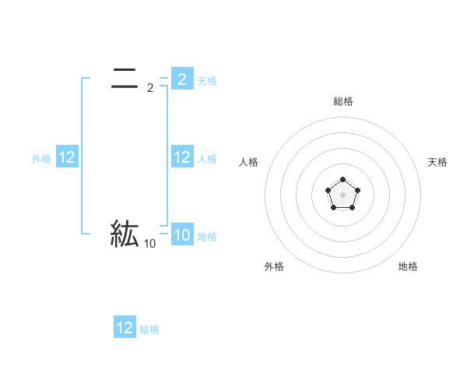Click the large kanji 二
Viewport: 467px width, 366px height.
[x=125, y=79]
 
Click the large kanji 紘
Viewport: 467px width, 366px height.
[x=125, y=234]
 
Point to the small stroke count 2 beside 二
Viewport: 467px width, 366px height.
[x=150, y=88]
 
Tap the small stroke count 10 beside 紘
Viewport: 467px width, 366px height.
[x=149, y=244]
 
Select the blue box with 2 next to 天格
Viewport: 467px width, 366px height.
[x=182, y=79]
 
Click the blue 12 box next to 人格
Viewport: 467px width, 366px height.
[x=182, y=157]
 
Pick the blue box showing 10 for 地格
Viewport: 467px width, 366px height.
[x=182, y=235]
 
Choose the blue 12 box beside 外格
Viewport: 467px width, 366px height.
[x=67, y=157]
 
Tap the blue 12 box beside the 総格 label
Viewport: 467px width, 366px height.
[x=125, y=328]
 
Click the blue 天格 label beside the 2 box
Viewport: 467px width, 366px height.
[x=207, y=80]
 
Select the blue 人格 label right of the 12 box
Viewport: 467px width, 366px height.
[x=207, y=159]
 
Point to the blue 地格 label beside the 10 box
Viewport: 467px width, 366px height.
[x=207, y=237]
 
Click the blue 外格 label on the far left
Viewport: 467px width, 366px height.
[x=41, y=159]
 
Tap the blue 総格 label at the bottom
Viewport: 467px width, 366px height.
[x=149, y=329]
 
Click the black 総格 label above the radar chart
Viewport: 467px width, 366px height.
[x=342, y=101]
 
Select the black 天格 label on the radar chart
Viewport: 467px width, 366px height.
[x=437, y=162]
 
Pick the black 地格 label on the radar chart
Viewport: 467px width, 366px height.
[x=408, y=266]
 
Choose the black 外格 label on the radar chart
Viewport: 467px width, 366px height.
[x=274, y=266]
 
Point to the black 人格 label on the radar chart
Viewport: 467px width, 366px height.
[x=249, y=162]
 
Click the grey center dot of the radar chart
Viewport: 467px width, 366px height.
[x=342, y=194]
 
